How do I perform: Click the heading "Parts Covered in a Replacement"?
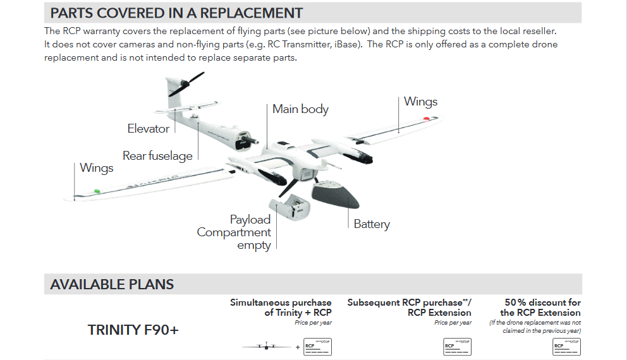point(176,13)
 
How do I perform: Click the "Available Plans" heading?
point(112,284)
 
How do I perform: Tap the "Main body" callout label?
point(300,109)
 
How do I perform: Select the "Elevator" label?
point(149,129)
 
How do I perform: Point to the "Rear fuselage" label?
point(157,156)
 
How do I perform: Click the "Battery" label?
point(372,224)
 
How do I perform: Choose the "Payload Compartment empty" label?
point(234,232)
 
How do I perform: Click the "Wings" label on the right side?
point(420,102)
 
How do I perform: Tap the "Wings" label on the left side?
point(97,168)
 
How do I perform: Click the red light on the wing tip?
point(427,118)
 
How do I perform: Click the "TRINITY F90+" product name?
point(133,330)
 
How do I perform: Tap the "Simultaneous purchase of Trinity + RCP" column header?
point(281,308)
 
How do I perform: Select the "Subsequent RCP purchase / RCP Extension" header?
point(409,308)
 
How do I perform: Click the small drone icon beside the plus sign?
point(267,347)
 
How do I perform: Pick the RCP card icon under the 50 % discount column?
point(566,347)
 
